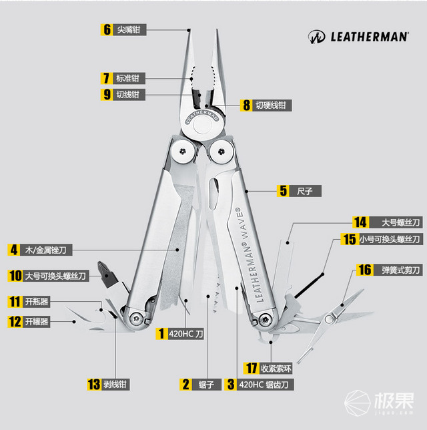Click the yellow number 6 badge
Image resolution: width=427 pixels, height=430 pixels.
[107, 29]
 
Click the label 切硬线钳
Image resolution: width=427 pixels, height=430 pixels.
[272, 105]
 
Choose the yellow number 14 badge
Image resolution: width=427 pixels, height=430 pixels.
[361, 222]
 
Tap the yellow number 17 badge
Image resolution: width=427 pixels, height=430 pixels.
[251, 368]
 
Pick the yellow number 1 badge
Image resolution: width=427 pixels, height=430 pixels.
[160, 332]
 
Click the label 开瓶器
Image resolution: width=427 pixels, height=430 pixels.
[36, 301]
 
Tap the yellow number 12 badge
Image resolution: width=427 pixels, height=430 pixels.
[14, 321]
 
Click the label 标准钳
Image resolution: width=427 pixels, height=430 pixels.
[129, 77]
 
